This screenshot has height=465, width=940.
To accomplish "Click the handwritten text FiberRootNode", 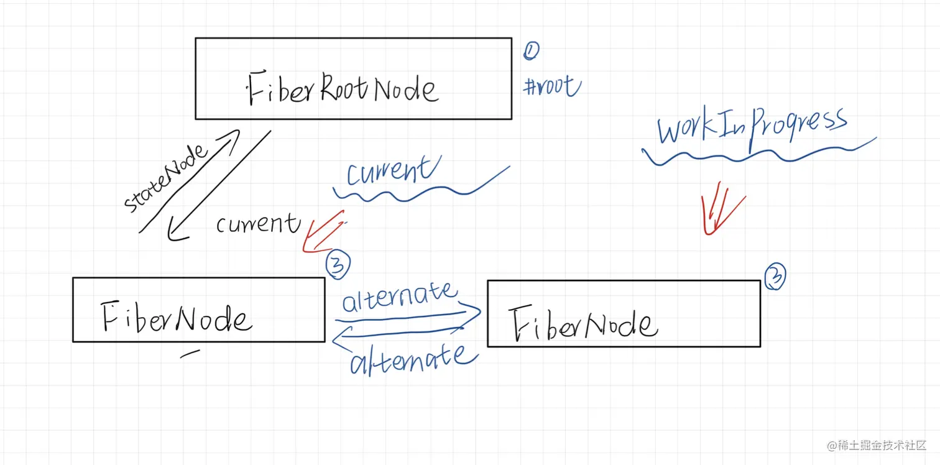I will pos(343,88).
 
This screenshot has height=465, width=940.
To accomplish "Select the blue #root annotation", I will pos(551,86).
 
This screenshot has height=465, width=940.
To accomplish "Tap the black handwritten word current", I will pos(258,223).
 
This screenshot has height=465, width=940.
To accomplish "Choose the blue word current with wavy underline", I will pos(389,172).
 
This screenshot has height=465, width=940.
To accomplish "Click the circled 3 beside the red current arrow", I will pos(338,266).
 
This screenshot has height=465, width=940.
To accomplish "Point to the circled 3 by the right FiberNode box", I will pos(775,277).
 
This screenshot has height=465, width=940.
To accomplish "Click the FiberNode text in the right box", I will pos(583,324).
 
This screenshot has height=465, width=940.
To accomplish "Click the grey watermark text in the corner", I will pos(877,445).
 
